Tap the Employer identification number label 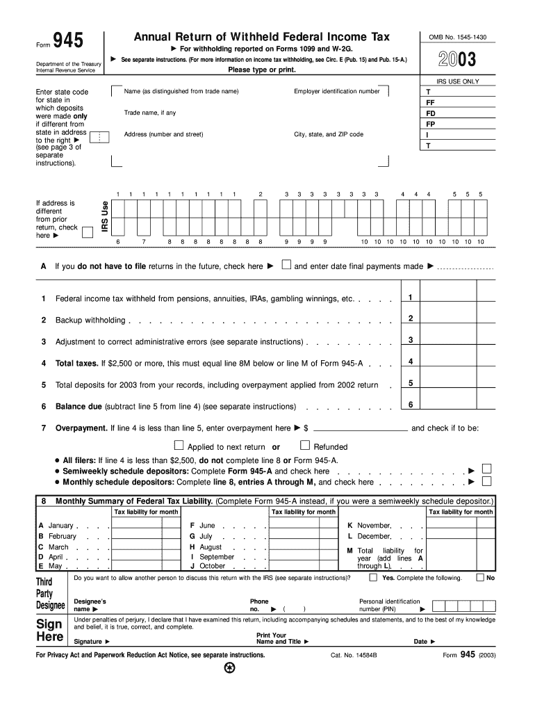click(x=337, y=92)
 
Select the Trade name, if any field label click(x=150, y=113)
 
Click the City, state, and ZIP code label click(x=329, y=134)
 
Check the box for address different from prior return click(x=88, y=232)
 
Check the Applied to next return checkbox click(x=179, y=446)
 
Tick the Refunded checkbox click(x=304, y=446)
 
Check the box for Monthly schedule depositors click(x=486, y=480)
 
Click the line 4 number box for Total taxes click(x=411, y=362)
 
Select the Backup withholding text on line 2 click(x=90, y=320)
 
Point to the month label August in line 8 click(x=211, y=547)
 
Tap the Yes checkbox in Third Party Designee click(x=374, y=577)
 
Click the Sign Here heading click(x=50, y=630)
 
